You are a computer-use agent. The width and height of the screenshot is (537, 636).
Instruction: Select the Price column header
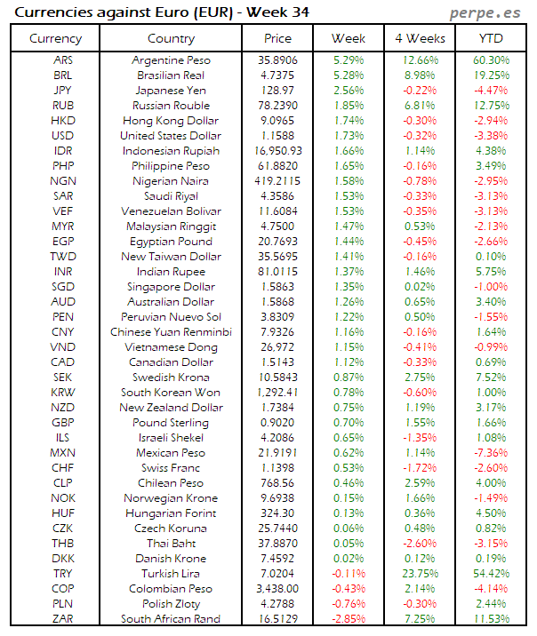(x=277, y=39)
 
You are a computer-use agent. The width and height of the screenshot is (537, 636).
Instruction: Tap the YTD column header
(x=490, y=39)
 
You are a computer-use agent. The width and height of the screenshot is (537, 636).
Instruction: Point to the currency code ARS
(x=63, y=60)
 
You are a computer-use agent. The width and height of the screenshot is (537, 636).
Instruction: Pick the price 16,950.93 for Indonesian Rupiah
(x=277, y=151)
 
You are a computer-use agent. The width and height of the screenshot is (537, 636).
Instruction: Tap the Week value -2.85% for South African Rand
(x=348, y=619)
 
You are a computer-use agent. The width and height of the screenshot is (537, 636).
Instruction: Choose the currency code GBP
(x=63, y=423)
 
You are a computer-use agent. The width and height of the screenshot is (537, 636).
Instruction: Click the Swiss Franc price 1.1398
(x=277, y=468)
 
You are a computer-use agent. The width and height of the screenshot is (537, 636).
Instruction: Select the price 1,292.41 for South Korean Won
(x=277, y=393)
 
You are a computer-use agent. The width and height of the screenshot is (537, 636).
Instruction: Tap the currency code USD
(x=63, y=136)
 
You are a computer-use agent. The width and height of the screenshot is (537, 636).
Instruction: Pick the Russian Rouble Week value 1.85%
(x=348, y=106)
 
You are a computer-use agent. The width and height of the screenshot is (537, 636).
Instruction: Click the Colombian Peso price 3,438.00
(x=277, y=589)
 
